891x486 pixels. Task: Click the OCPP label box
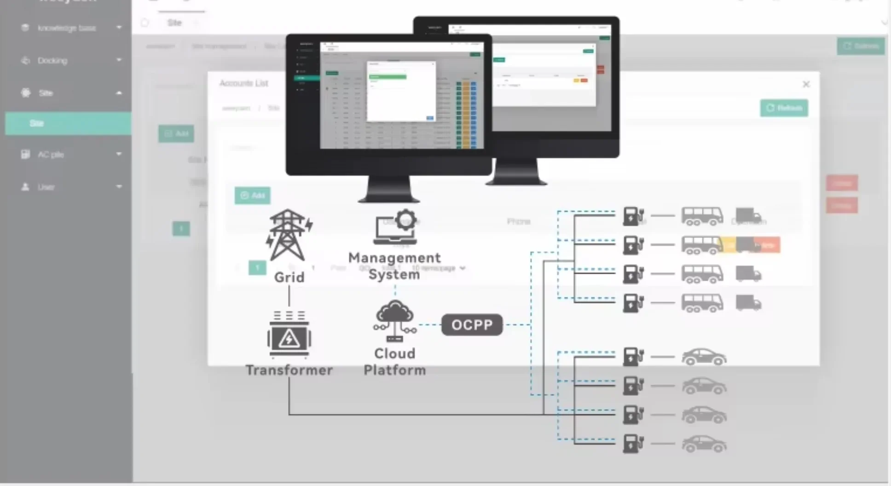tap(472, 325)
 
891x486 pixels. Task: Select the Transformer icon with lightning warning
tap(289, 336)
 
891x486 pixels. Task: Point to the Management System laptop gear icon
tap(396, 227)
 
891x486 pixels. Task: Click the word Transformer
tap(289, 370)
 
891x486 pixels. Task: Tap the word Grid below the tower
tap(289, 277)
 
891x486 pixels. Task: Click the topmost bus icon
tap(702, 216)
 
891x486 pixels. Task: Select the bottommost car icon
tap(704, 445)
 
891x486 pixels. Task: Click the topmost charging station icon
tap(633, 216)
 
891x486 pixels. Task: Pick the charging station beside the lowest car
tap(633, 445)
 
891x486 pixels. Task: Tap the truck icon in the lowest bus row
tap(748, 303)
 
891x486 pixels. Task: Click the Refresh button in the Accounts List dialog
tap(784, 108)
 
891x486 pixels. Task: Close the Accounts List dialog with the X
tap(806, 84)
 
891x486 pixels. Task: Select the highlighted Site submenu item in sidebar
tap(68, 123)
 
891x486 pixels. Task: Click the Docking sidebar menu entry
tap(52, 61)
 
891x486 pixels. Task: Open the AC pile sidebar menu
tap(51, 155)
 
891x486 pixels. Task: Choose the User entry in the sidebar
tap(46, 187)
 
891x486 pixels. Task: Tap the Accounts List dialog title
tap(243, 83)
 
